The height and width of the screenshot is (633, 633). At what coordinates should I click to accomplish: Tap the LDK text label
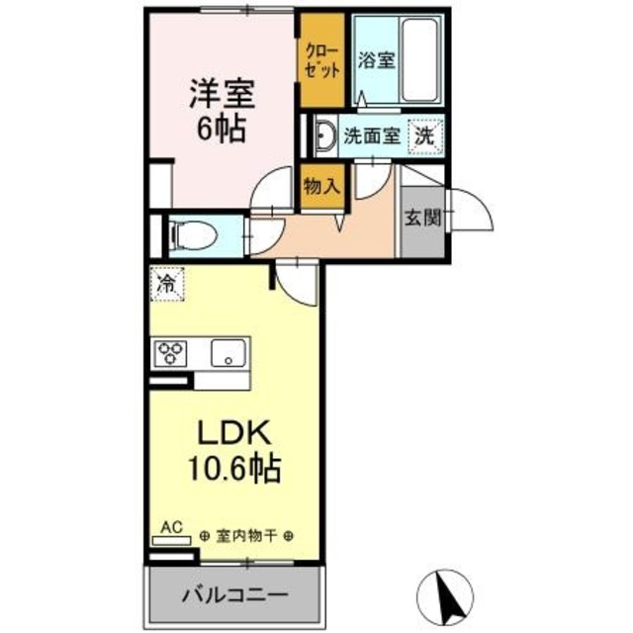235,434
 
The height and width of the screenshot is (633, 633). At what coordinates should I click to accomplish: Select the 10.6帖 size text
235,467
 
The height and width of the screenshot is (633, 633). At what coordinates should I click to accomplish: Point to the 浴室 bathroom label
377,59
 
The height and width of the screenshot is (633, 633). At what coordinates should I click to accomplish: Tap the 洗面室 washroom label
371,136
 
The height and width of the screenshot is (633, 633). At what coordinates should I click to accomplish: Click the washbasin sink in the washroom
322,137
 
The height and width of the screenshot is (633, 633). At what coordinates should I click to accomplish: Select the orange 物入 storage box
321,185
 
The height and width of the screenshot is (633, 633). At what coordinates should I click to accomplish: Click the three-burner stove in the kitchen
169,351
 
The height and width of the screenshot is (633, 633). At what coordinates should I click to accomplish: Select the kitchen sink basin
230,351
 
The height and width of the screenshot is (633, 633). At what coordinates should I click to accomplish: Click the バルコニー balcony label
234,596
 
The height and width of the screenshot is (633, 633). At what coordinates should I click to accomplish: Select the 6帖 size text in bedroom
223,129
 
